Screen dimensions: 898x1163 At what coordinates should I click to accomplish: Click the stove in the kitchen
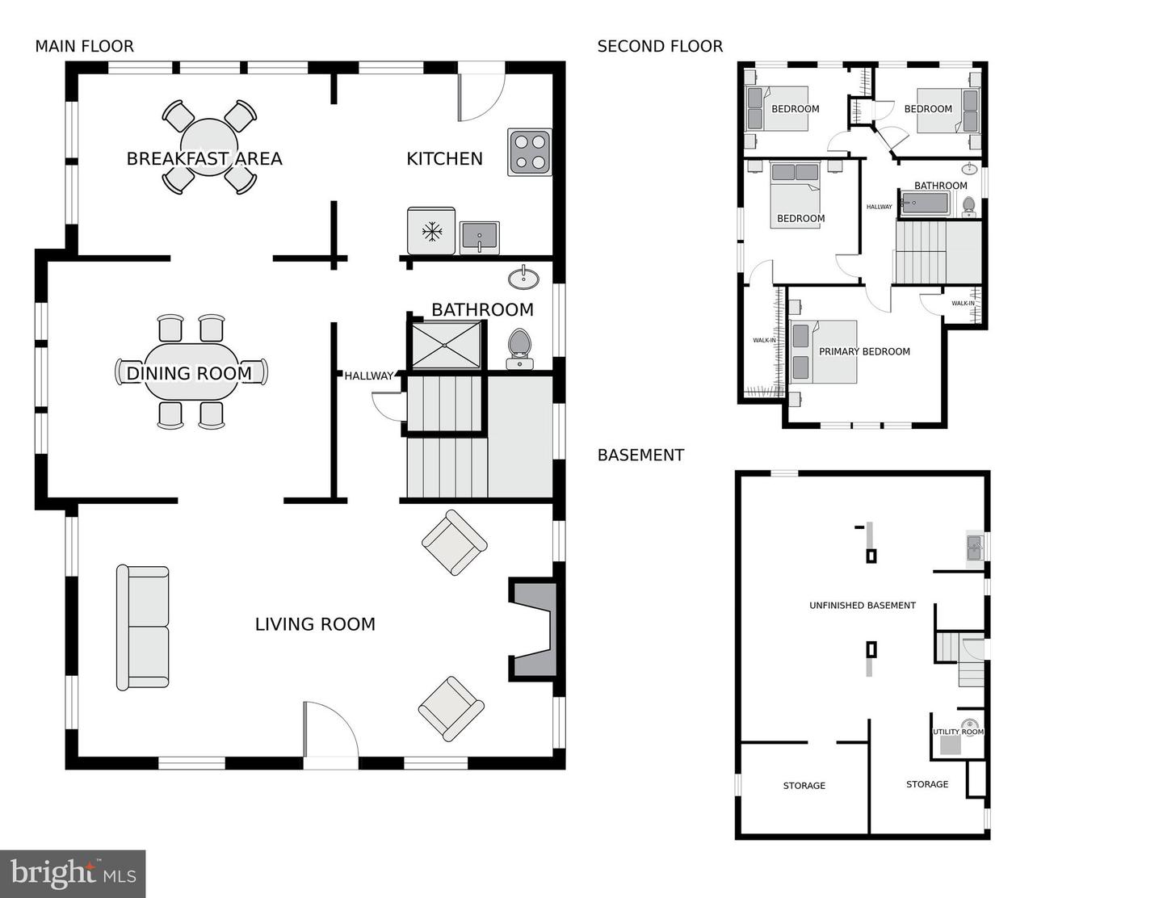530,152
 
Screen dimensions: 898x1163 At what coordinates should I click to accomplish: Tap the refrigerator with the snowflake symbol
432,232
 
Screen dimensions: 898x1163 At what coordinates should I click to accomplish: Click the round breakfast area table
209,146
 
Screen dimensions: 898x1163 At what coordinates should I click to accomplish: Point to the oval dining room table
192,371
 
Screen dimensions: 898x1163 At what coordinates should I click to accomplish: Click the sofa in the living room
143,627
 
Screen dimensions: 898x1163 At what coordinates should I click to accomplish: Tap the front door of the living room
330,735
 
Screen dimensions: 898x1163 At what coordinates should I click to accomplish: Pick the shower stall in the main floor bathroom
446,345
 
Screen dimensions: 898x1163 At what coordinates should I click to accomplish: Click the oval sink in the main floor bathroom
524,278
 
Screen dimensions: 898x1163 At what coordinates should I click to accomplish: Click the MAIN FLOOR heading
84,46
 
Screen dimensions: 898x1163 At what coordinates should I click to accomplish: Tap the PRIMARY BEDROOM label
864,351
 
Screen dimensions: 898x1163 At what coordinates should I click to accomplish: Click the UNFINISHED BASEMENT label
862,605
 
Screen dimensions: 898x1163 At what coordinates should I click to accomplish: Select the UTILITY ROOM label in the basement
958,732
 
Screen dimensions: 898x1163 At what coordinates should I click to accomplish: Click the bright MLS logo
73,874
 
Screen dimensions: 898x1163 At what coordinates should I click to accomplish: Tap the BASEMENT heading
640,455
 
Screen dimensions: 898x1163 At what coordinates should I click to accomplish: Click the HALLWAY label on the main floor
368,376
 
